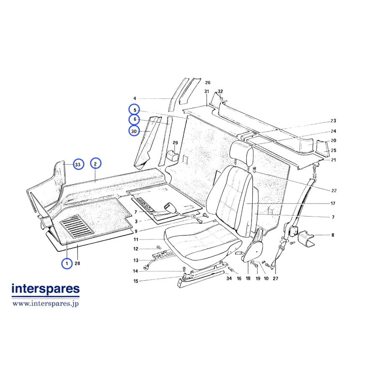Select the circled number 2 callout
pos(96,164)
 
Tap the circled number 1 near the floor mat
pos(67,263)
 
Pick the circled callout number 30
pos(134,131)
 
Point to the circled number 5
pos(134,110)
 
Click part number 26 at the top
pos(207,83)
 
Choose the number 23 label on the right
pos(333,121)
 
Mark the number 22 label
pos(334,191)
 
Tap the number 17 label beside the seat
pos(333,204)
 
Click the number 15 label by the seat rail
pos(136,281)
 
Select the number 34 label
pos(229,278)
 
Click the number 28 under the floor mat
pos(77,263)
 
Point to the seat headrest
pos(241,150)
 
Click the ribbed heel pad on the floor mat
pos(77,227)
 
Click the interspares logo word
pos(46,289)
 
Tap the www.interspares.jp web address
pos(46,303)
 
